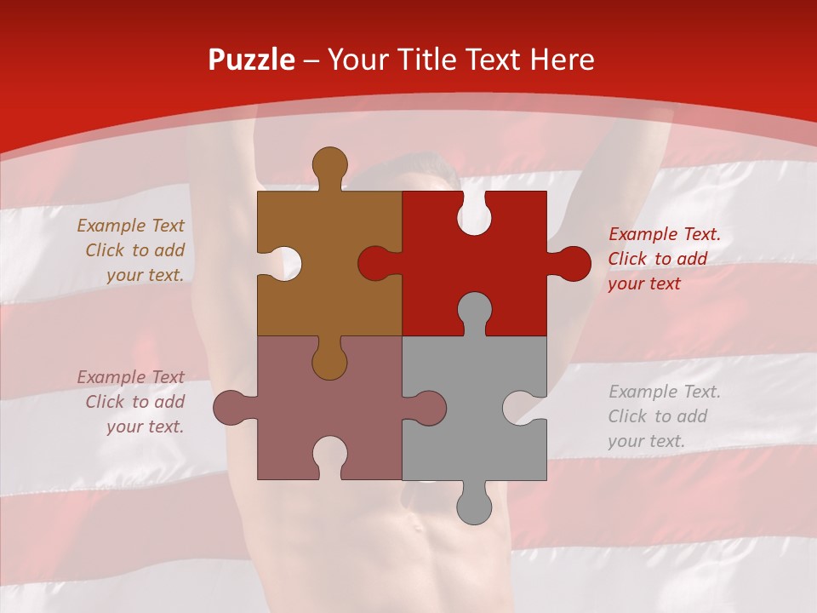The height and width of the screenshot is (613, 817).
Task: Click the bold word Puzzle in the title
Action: click(252, 60)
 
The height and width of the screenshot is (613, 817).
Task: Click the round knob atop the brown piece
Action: click(329, 164)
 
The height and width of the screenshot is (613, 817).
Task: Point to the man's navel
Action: click(418, 525)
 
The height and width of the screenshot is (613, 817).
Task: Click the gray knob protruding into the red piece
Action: click(474, 312)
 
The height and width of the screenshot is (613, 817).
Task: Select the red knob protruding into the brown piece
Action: click(377, 263)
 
